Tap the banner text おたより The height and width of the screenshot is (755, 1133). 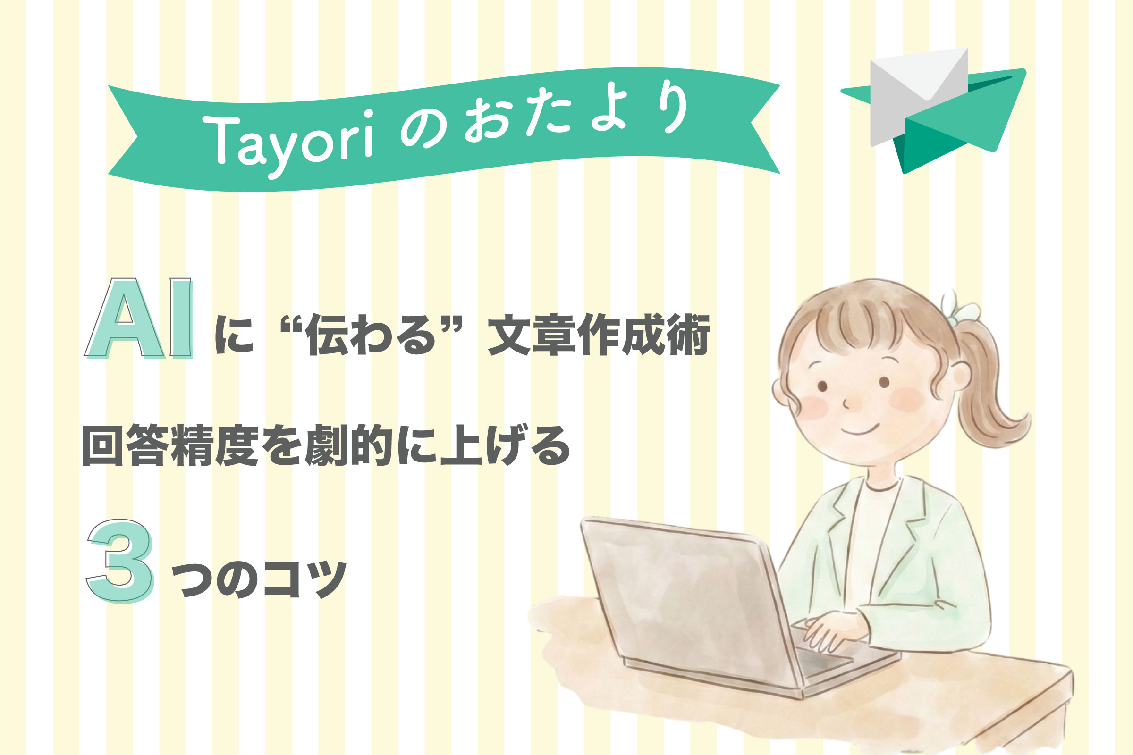point(576,113)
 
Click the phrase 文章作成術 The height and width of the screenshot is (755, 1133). point(599,335)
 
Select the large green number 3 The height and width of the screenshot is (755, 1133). point(120,561)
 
